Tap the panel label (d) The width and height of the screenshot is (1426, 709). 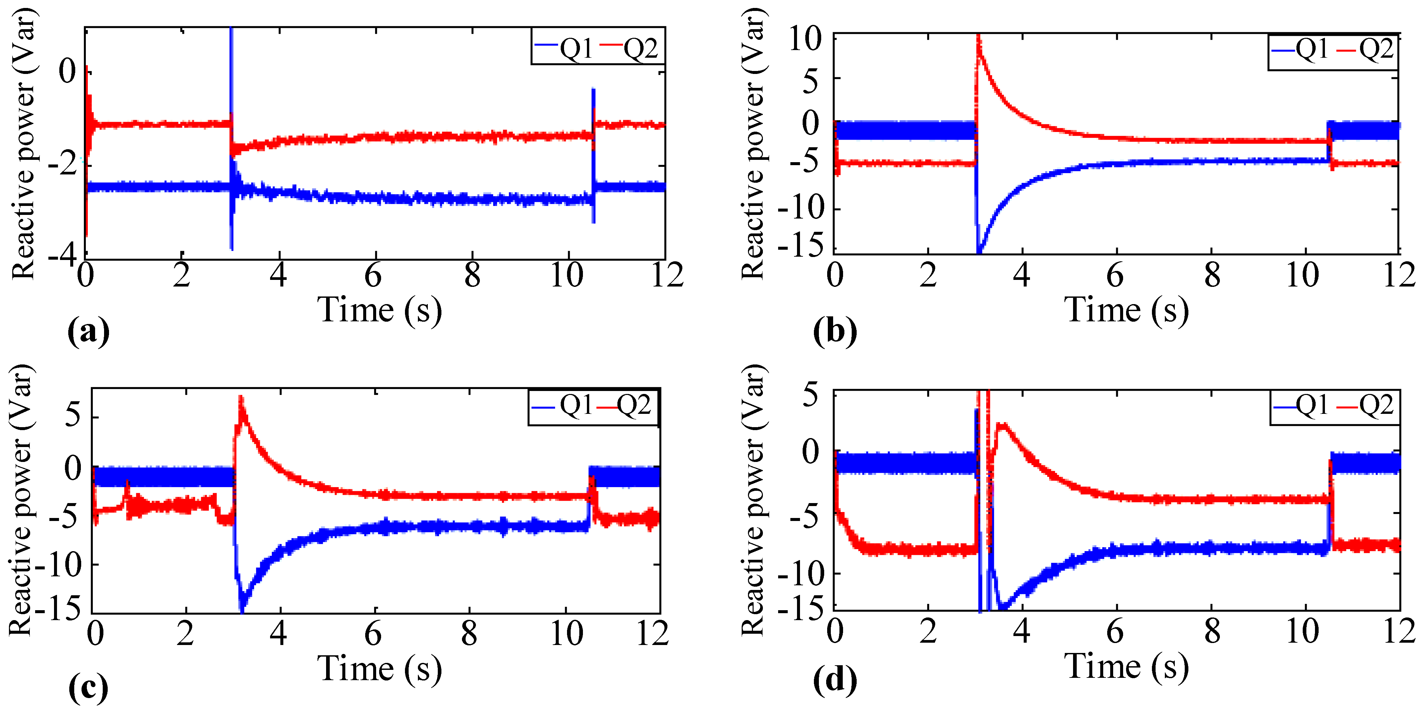tap(835, 680)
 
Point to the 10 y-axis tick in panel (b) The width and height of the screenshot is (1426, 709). tap(805, 40)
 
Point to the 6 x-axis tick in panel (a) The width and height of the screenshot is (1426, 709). tap(374, 275)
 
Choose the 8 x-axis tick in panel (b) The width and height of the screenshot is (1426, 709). tap(1212, 275)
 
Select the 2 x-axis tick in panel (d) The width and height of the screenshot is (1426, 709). tap(928, 632)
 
